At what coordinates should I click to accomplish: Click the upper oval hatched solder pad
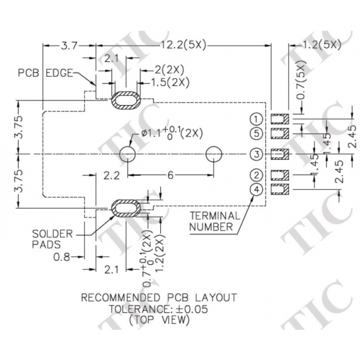coord(125,100)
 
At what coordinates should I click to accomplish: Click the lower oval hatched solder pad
coord(125,207)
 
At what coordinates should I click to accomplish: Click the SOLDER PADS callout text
coord(53,239)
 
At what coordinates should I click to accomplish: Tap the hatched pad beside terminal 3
coord(281,154)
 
